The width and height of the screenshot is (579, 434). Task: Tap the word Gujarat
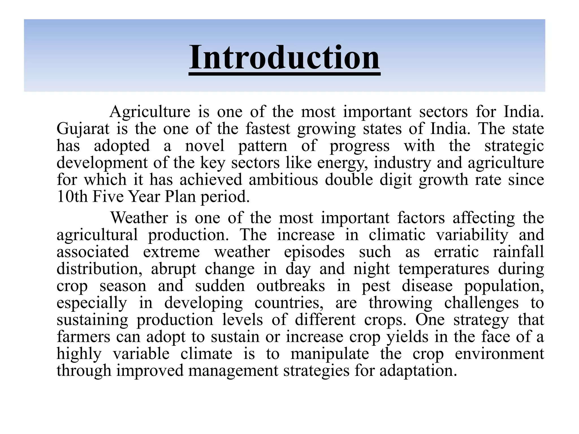(x=83, y=129)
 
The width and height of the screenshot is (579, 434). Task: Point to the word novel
(x=205, y=146)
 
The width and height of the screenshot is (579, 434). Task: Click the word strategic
(x=514, y=146)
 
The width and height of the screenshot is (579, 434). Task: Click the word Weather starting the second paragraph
(x=139, y=218)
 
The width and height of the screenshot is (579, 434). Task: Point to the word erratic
(x=456, y=252)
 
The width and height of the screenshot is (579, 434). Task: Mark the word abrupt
(x=173, y=269)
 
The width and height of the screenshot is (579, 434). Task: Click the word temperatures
(x=444, y=269)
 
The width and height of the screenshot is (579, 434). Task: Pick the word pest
(x=376, y=286)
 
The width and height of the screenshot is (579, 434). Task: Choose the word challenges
(x=481, y=303)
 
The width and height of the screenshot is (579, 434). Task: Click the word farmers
(x=83, y=337)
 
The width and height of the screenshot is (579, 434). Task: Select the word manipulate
(x=330, y=354)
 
